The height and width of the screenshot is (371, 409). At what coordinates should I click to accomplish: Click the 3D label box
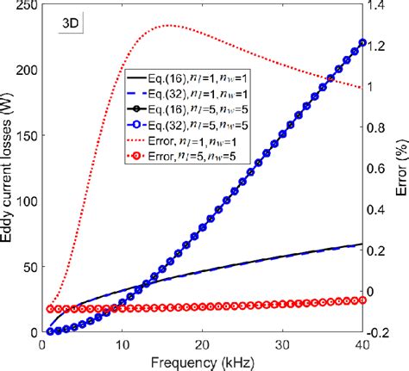(x=70, y=23)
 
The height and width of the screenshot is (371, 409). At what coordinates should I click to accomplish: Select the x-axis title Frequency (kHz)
(x=202, y=362)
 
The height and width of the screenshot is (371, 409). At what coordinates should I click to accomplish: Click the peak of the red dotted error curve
(x=169, y=25)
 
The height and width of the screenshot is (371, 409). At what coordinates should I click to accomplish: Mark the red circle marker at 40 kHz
(x=362, y=300)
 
